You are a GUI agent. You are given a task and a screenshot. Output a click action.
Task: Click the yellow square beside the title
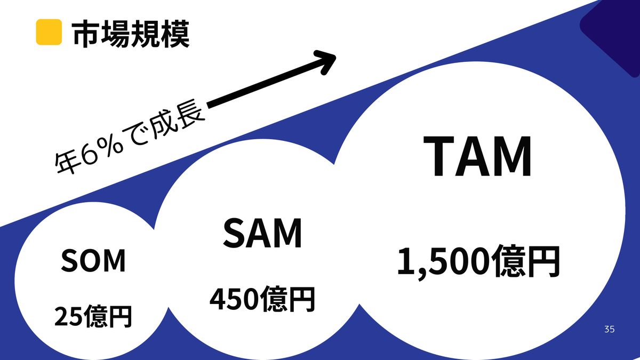point(49,32)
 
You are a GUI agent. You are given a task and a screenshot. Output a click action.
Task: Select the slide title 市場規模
point(131,34)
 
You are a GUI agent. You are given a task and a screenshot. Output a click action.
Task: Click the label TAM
point(477,156)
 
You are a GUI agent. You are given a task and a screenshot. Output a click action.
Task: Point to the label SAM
point(262,233)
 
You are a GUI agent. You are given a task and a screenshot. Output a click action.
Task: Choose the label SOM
point(93,261)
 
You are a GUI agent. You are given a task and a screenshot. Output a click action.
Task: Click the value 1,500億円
point(478,261)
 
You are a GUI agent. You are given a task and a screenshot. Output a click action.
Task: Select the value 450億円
point(262,299)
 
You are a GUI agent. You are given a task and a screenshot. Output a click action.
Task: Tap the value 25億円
point(93,316)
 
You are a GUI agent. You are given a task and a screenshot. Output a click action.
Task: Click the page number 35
point(610,329)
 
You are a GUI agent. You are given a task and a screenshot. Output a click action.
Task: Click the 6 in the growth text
point(90,155)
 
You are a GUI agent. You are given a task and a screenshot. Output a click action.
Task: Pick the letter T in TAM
point(438,156)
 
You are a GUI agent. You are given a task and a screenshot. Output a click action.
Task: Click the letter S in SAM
point(234,233)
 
